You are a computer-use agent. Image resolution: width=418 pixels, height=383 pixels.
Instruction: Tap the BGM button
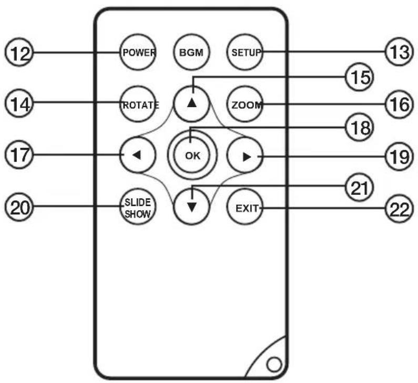[x=191, y=52]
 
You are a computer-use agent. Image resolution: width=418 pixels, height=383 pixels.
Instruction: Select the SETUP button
[x=244, y=52]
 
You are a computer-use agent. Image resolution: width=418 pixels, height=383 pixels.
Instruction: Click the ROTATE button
[x=138, y=104]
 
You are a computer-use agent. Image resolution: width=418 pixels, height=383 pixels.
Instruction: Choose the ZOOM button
[x=244, y=104]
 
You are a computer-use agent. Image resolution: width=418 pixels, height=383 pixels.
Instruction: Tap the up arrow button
[x=191, y=104]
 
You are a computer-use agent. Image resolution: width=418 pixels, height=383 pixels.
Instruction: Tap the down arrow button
[x=191, y=206]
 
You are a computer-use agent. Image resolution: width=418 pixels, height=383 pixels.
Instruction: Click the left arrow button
[x=138, y=155]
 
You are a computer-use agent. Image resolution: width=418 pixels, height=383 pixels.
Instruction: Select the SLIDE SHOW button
[x=138, y=206]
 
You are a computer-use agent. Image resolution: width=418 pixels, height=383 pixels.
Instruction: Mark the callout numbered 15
[x=359, y=77]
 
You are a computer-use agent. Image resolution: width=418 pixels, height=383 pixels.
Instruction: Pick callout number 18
[x=359, y=127]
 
